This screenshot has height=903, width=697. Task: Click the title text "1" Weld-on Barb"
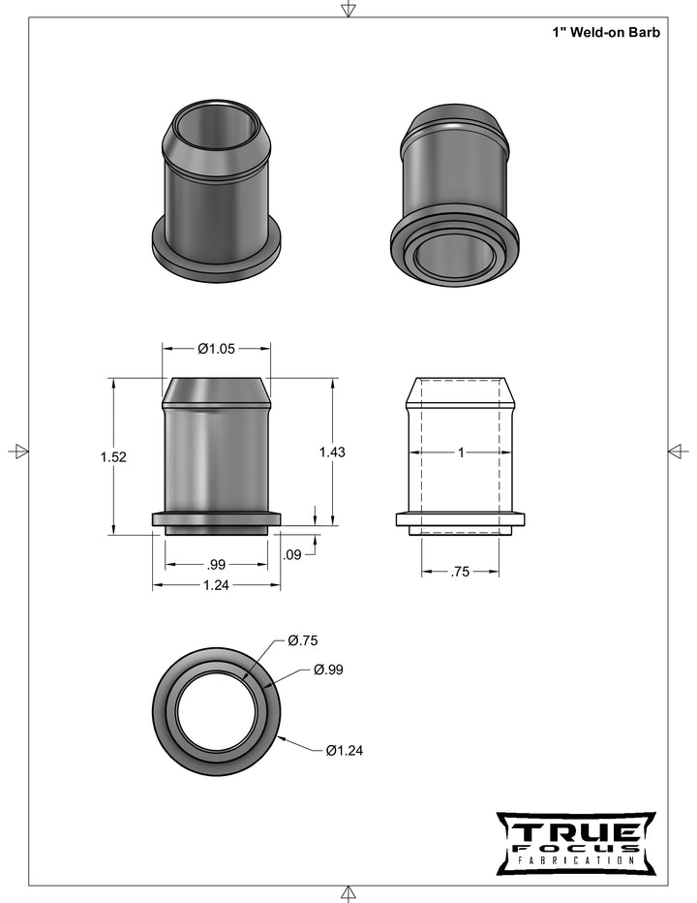click(606, 32)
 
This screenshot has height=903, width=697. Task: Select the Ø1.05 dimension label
click(217, 349)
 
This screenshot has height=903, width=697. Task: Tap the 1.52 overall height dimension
click(113, 456)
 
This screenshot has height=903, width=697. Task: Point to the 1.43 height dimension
click(332, 451)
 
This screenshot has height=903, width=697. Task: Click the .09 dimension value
click(290, 555)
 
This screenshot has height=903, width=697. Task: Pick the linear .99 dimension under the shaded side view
click(217, 564)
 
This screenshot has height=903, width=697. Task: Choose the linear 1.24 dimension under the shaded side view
click(217, 585)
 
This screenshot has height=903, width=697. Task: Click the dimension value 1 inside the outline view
click(461, 452)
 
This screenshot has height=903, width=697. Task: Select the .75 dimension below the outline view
click(461, 573)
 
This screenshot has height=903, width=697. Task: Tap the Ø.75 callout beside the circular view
click(303, 640)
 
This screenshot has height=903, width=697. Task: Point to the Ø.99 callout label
click(328, 669)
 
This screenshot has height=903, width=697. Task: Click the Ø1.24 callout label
click(344, 750)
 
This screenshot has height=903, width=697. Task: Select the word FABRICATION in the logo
click(575, 860)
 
